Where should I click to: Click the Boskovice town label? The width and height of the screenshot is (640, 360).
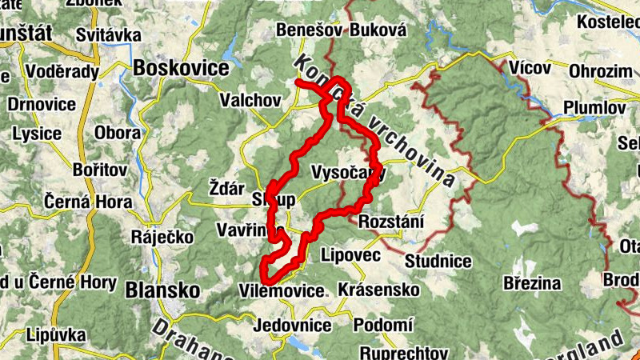pos(182,68)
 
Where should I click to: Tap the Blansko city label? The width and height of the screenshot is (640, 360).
pos(162,290)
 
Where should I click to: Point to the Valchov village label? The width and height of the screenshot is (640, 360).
pos(250,101)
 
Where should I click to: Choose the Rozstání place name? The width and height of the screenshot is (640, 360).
pos(391,222)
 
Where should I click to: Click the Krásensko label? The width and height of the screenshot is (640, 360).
pos(379,288)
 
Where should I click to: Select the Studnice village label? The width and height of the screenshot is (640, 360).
pos(438,260)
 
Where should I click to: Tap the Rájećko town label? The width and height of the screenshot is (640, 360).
pos(156,238)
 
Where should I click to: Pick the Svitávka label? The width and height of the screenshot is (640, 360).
pos(107,35)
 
